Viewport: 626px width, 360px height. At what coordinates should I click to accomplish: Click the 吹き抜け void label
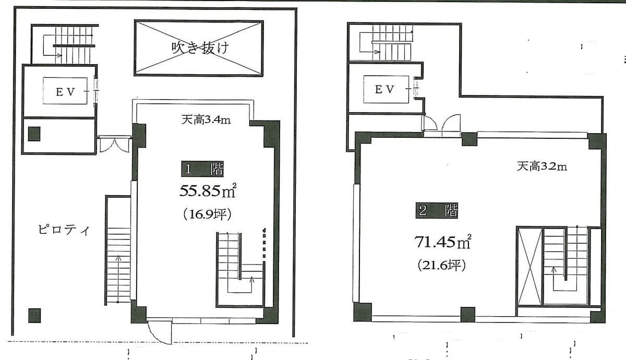tap(200, 48)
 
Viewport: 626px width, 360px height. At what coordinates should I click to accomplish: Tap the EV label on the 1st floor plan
tap(66, 92)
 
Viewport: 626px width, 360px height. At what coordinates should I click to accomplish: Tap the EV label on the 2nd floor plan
tap(384, 89)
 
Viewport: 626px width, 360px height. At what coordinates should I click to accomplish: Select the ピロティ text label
tap(64, 230)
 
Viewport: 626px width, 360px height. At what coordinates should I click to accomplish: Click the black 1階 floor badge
tap(202, 169)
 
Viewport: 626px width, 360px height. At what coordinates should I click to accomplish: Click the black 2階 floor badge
tap(437, 210)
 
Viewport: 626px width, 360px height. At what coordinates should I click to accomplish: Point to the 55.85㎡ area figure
tap(208, 191)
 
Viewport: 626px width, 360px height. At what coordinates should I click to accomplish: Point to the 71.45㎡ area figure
tap(443, 242)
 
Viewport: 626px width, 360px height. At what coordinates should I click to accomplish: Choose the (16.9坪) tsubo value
tap(208, 214)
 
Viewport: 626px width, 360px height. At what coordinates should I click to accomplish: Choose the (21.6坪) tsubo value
tap(442, 265)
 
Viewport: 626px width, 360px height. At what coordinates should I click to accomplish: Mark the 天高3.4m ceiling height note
tap(206, 120)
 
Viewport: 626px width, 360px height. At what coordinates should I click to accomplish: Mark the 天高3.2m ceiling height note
tap(542, 166)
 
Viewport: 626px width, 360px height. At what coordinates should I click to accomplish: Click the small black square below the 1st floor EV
tap(34, 134)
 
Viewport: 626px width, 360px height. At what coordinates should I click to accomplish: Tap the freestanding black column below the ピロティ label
tap(34, 316)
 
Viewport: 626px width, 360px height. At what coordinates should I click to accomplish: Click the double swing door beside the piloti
tap(115, 145)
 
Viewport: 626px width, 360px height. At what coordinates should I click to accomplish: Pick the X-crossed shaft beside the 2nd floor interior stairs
tap(530, 267)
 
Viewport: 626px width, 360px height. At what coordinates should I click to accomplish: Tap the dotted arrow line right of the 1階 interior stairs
tap(264, 243)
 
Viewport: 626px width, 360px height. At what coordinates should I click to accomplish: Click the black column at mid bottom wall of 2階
tap(468, 315)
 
